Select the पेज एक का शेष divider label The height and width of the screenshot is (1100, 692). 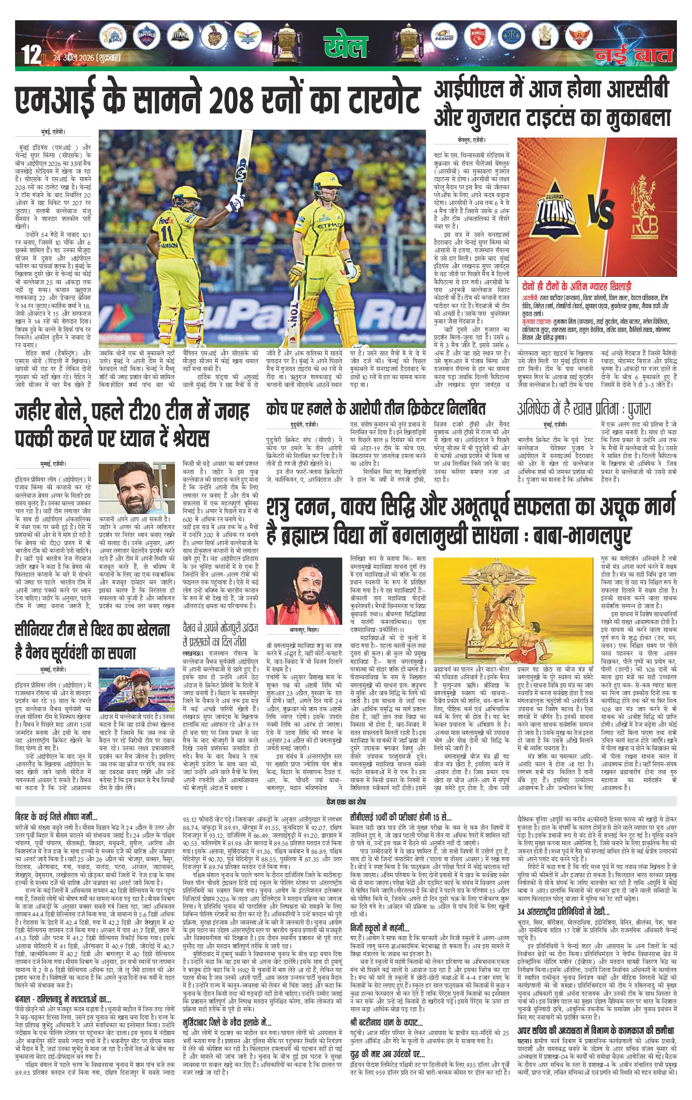pos(346,802)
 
